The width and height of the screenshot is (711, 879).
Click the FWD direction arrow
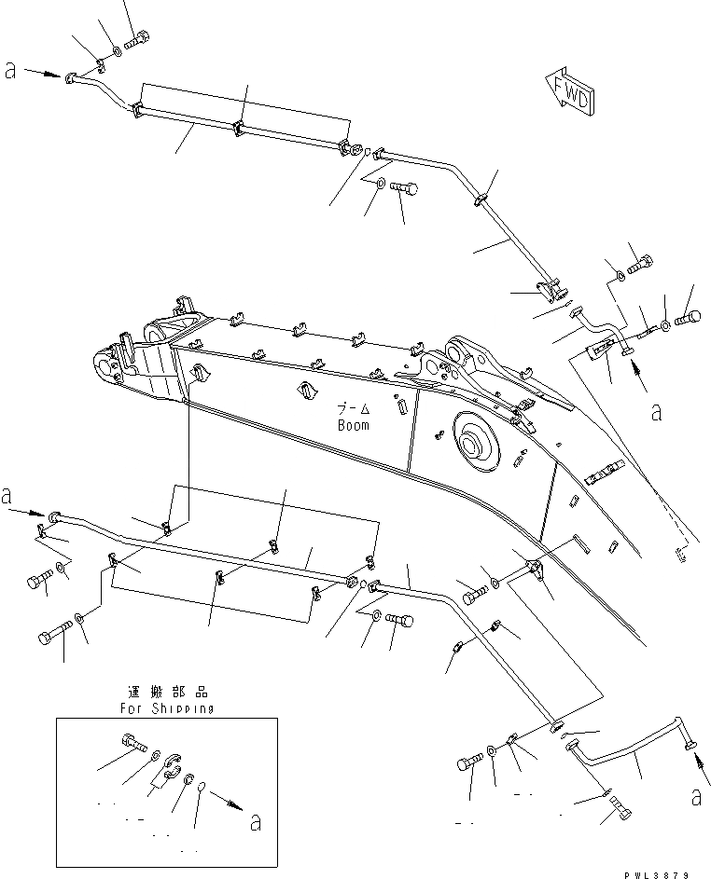(x=566, y=90)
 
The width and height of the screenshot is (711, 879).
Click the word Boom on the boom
(x=354, y=425)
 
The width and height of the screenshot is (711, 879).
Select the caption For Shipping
(x=167, y=707)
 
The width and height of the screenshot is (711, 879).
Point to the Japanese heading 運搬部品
(x=169, y=693)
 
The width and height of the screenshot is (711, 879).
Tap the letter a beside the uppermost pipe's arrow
(x=10, y=71)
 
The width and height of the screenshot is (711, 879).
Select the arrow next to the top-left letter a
(x=42, y=72)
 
